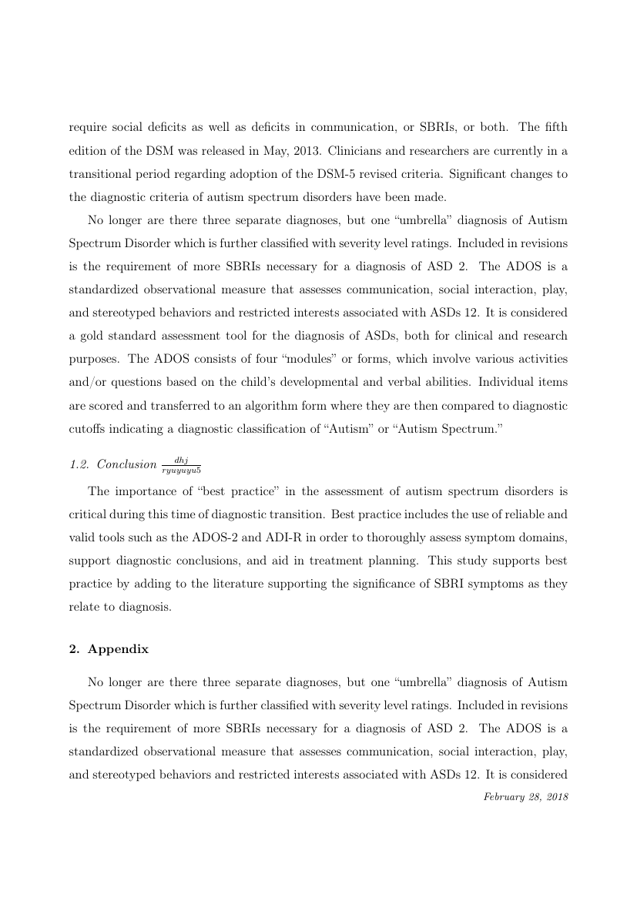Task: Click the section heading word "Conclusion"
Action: coord(126,464)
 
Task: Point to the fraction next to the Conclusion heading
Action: coord(181,464)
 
